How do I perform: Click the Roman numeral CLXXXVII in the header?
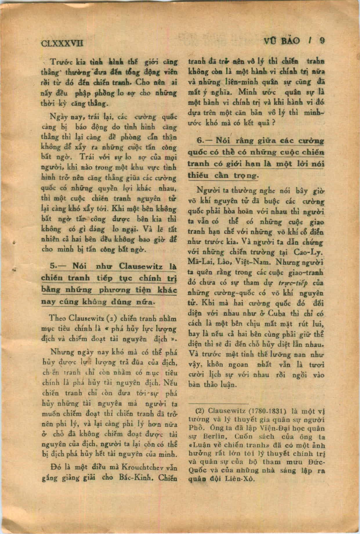click(62, 43)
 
